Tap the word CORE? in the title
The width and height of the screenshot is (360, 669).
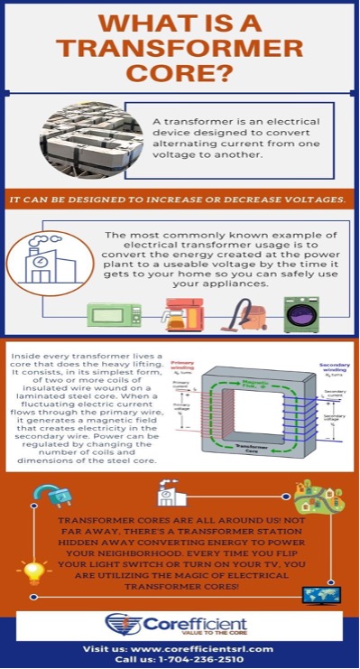point(180,72)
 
